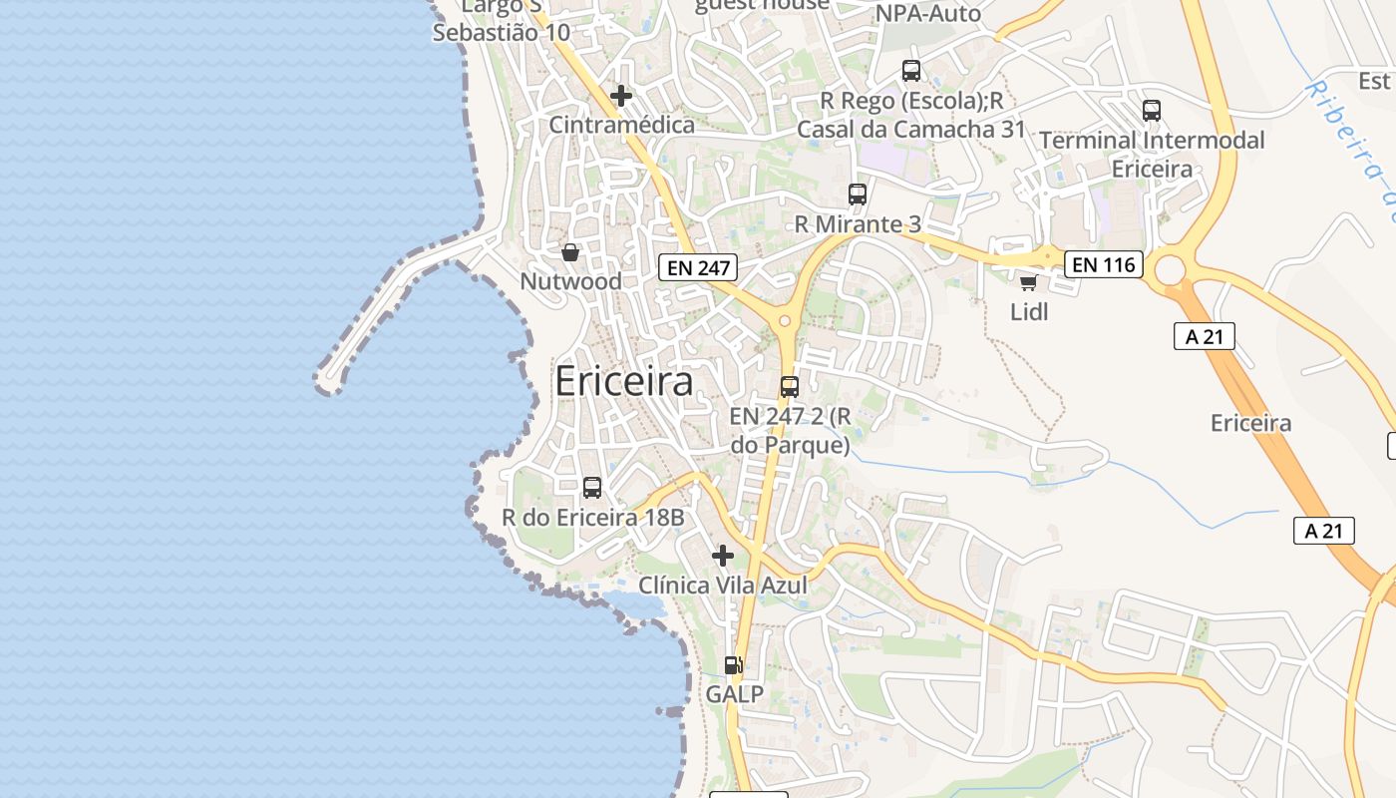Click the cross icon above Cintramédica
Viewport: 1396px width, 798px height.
click(x=621, y=96)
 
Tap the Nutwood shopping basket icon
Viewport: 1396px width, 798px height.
click(x=570, y=252)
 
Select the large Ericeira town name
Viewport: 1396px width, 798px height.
click(x=623, y=382)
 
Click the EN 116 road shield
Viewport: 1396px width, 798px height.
click(x=1103, y=264)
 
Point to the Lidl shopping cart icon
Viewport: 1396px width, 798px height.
click(x=1028, y=282)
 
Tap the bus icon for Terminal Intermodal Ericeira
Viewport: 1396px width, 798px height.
click(x=1152, y=111)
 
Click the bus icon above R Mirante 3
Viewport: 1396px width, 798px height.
click(x=858, y=195)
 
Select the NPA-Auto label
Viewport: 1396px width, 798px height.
click(x=928, y=14)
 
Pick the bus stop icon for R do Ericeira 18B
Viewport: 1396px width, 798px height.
click(x=592, y=488)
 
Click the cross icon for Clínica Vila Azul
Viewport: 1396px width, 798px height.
click(x=723, y=555)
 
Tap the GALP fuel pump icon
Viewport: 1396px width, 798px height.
click(x=734, y=664)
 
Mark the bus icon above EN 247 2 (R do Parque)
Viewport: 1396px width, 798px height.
click(x=790, y=387)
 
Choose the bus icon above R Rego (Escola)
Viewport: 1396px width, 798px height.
click(x=911, y=71)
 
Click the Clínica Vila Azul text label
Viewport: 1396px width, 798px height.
click(x=723, y=586)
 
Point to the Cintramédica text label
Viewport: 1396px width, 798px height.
click(x=622, y=125)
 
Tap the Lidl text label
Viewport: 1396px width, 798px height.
click(x=1029, y=312)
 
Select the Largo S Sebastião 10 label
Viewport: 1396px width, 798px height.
click(x=502, y=20)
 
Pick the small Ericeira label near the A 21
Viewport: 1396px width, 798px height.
click(x=1250, y=423)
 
